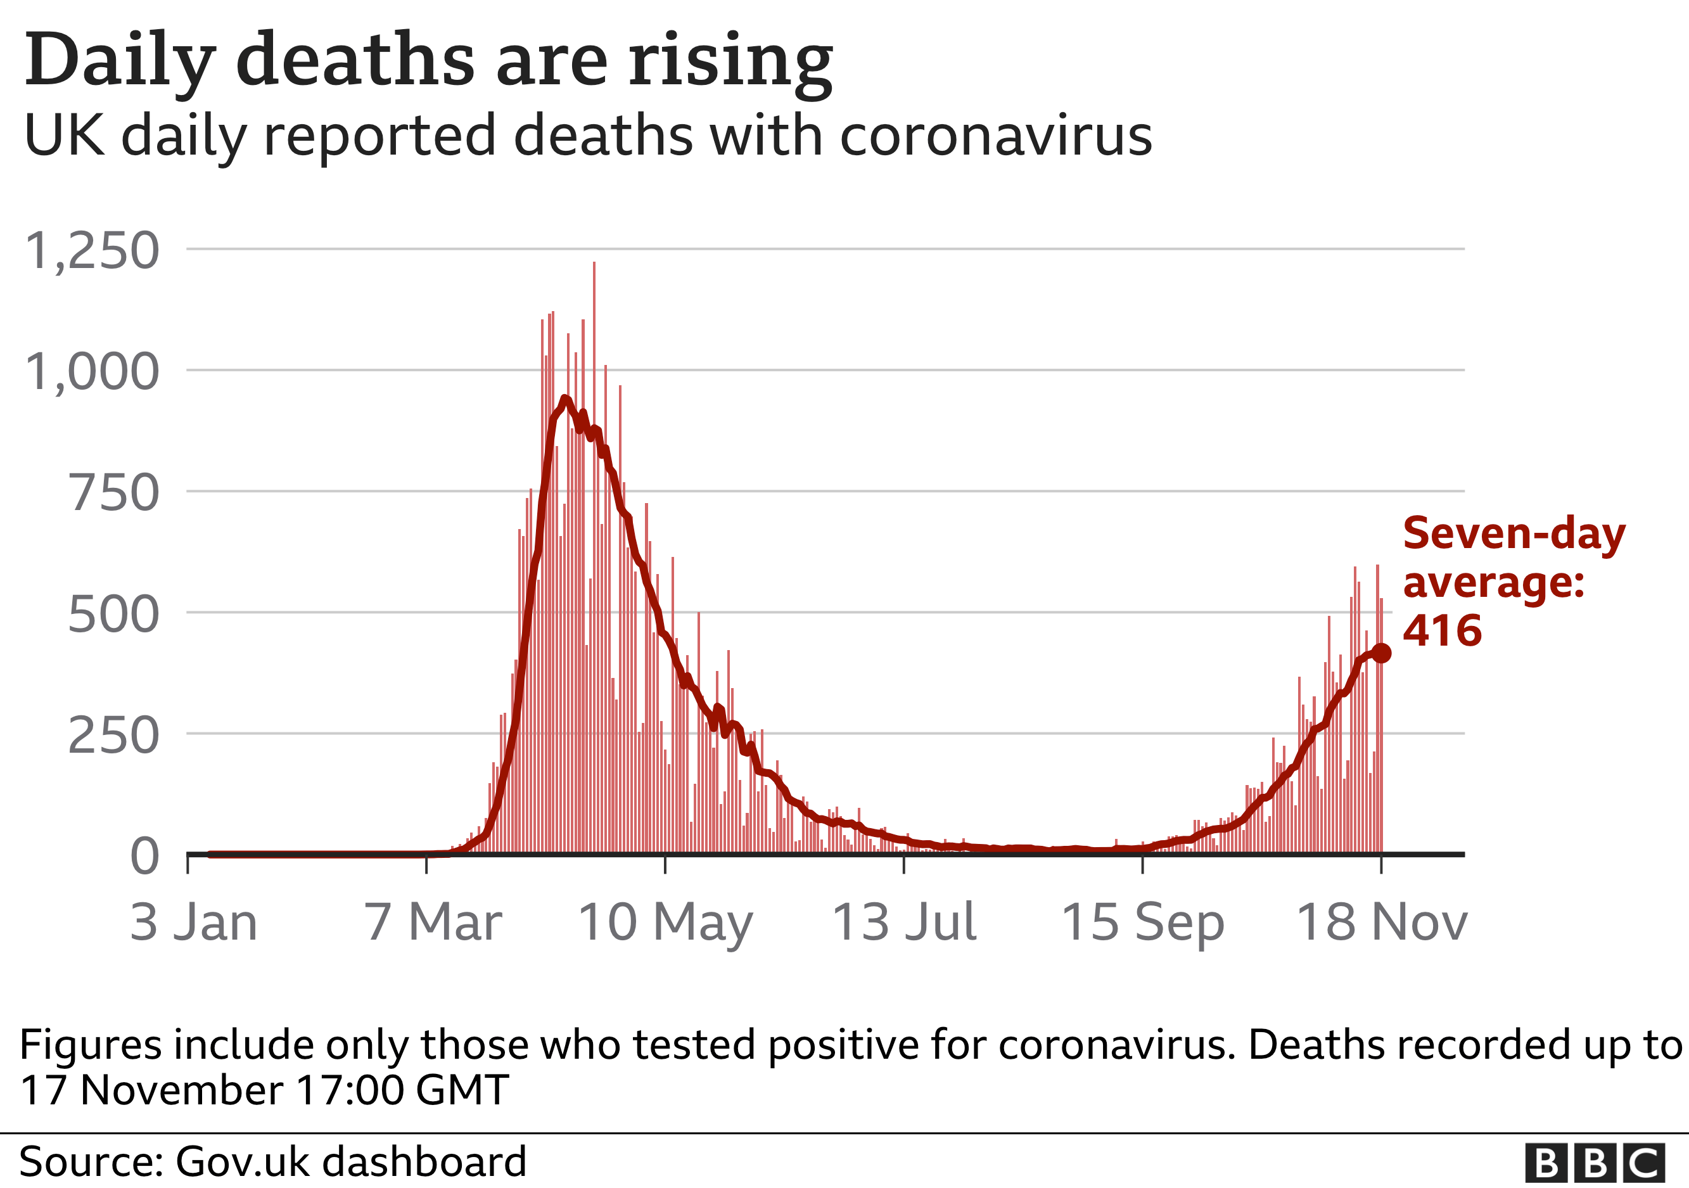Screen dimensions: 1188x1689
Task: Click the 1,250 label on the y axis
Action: (92, 251)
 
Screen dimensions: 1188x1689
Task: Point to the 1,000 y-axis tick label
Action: (92, 371)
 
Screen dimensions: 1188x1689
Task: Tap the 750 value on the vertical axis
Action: (113, 493)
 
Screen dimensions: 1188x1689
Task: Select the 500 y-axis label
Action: (113, 614)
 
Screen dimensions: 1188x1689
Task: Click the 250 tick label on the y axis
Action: (113, 735)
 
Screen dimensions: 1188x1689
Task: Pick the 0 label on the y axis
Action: (144, 856)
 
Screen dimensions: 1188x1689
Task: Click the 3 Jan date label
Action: (193, 922)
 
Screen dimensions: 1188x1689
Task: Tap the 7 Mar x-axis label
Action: (433, 922)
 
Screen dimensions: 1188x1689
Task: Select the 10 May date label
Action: (666, 922)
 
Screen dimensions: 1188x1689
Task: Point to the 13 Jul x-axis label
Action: (904, 922)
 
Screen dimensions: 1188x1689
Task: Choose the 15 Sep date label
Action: (1142, 922)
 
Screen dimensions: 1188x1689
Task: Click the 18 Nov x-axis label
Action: (1382, 922)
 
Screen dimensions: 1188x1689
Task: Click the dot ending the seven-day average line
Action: (1382, 653)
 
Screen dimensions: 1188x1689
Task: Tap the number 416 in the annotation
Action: (1442, 631)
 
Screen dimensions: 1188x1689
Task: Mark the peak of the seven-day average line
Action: (564, 399)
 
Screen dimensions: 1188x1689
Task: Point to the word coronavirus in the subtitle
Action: (995, 137)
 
